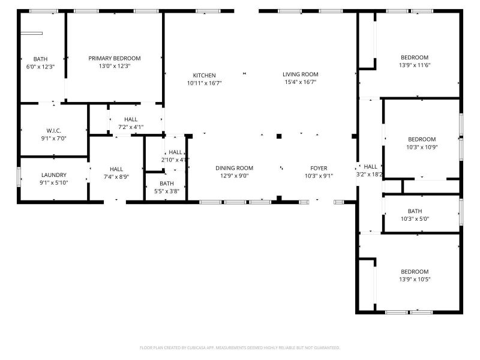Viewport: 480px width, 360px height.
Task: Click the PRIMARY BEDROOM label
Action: [x=115, y=58]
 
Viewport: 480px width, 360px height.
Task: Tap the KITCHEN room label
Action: [x=204, y=75]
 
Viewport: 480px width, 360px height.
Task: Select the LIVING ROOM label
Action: [x=300, y=74]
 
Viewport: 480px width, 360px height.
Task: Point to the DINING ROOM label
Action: [x=234, y=168]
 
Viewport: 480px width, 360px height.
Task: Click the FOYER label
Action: [x=319, y=168]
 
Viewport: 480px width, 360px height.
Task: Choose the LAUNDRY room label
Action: [x=53, y=175]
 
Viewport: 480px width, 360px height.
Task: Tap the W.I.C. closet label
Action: [x=54, y=131]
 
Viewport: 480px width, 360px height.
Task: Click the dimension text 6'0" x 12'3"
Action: [x=40, y=67]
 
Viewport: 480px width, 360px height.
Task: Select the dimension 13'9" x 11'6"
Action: [x=415, y=65]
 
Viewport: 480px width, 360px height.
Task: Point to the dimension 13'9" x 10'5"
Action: [x=415, y=279]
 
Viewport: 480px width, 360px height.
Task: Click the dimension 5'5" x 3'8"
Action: [x=166, y=191]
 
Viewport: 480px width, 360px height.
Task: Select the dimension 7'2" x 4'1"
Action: [x=131, y=127]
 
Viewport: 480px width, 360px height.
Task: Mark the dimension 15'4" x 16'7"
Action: [x=300, y=82]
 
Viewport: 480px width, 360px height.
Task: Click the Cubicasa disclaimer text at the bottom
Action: [x=240, y=347]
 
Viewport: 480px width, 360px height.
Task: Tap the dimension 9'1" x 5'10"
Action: [x=53, y=183]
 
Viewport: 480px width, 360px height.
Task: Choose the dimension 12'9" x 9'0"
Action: [x=234, y=176]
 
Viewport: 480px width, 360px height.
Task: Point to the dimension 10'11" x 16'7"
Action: [x=204, y=83]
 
